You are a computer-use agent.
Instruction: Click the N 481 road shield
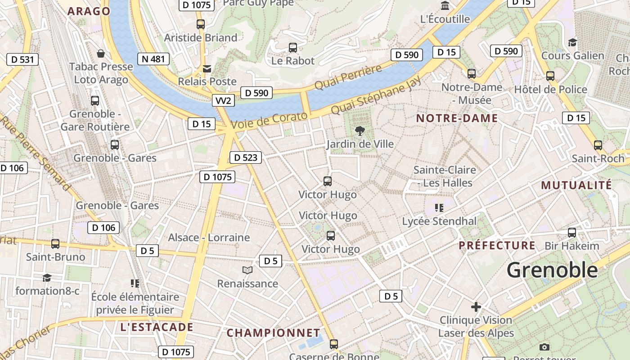pyautogui.click(x=153, y=59)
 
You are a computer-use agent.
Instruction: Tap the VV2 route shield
pyautogui.click(x=223, y=100)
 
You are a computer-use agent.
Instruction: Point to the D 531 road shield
pyautogui.click(x=22, y=59)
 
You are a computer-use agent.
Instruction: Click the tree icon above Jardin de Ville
pyautogui.click(x=360, y=131)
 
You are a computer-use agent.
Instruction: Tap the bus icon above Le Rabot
pyautogui.click(x=293, y=47)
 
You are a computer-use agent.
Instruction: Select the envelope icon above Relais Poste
pyautogui.click(x=207, y=69)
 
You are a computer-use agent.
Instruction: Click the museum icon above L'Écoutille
pyautogui.click(x=445, y=6)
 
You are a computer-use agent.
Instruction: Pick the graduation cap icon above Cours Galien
pyautogui.click(x=572, y=43)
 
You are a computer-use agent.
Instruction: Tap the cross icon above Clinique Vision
pyautogui.click(x=476, y=307)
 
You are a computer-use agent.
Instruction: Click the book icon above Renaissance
pyautogui.click(x=247, y=270)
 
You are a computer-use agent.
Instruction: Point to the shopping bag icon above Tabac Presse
pyautogui.click(x=101, y=54)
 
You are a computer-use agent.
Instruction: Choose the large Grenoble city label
pyautogui.click(x=552, y=270)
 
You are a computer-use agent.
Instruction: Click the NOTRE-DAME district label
pyautogui.click(x=457, y=118)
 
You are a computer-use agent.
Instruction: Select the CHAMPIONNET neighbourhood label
pyautogui.click(x=273, y=333)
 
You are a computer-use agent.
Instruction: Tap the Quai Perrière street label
pyautogui.click(x=348, y=76)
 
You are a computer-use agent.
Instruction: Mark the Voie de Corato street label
pyautogui.click(x=269, y=121)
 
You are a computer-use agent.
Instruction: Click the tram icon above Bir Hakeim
pyautogui.click(x=572, y=233)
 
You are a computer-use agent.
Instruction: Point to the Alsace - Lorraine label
pyautogui.click(x=209, y=238)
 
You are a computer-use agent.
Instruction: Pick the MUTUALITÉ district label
pyautogui.click(x=576, y=185)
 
